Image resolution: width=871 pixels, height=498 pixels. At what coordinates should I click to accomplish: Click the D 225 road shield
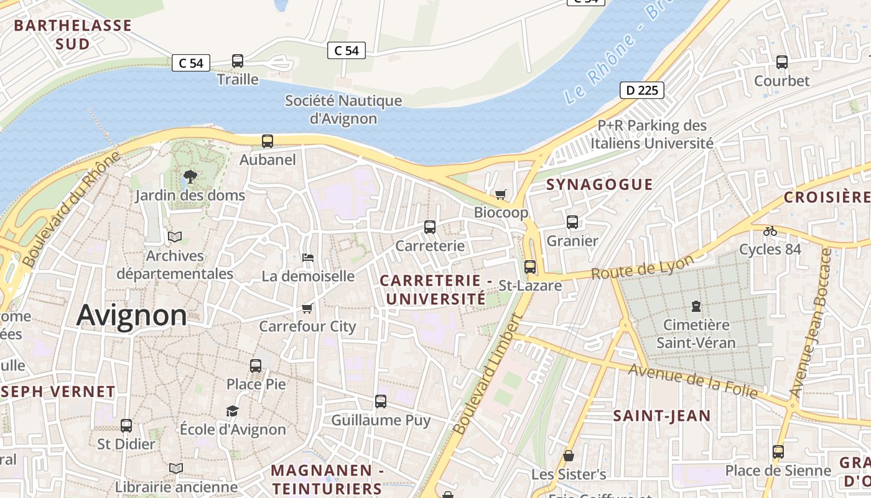pyautogui.click(x=642, y=91)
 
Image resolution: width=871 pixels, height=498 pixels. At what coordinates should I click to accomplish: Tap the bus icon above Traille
pyautogui.click(x=238, y=61)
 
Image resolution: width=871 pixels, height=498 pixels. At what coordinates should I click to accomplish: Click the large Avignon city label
pyautogui.click(x=132, y=316)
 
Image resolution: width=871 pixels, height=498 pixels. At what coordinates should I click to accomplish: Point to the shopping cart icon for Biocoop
pyautogui.click(x=501, y=195)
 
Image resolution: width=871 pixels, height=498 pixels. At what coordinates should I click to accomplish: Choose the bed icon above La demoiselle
pyautogui.click(x=307, y=258)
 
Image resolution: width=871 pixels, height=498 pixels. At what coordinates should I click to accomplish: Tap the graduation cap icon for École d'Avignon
pyautogui.click(x=232, y=411)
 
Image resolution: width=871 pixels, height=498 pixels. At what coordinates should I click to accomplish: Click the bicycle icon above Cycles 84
pyautogui.click(x=770, y=231)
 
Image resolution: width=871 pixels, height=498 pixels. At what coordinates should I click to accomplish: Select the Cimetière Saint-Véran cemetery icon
pyautogui.click(x=696, y=306)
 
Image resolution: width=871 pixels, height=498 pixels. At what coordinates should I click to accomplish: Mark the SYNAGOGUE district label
pyautogui.click(x=599, y=184)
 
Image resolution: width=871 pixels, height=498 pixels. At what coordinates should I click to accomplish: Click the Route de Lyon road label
pyautogui.click(x=642, y=268)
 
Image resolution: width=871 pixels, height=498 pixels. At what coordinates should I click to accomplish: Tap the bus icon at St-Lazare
pyautogui.click(x=530, y=267)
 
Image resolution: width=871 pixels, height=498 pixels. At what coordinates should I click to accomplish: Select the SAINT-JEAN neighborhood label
pyautogui.click(x=661, y=416)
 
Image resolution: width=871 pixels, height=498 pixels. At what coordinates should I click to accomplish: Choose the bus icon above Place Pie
pyautogui.click(x=256, y=366)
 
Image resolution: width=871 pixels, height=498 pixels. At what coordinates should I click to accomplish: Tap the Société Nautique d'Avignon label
pyautogui.click(x=343, y=109)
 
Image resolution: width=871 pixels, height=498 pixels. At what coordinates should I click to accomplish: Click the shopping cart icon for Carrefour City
pyautogui.click(x=307, y=309)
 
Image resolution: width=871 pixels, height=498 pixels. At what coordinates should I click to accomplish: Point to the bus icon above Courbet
pyautogui.click(x=782, y=62)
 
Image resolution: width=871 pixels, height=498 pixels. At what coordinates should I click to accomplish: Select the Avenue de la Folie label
pyautogui.click(x=693, y=381)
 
